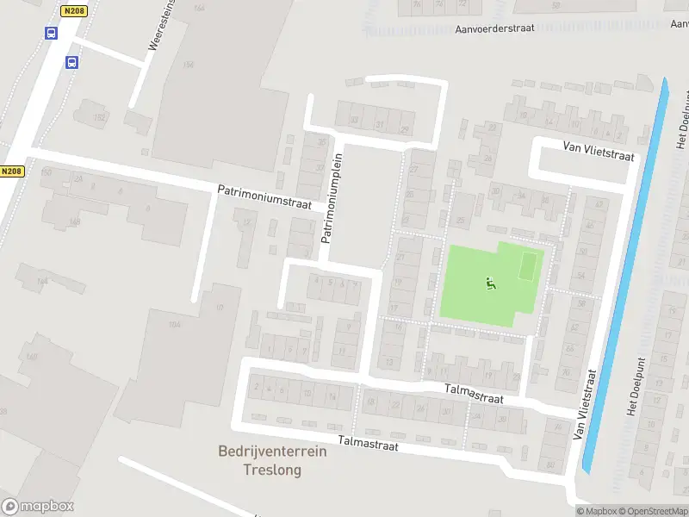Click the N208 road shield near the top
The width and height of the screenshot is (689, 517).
[x=75, y=11]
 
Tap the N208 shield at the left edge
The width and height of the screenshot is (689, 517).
[x=10, y=171]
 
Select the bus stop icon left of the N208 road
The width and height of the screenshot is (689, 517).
[x=51, y=34]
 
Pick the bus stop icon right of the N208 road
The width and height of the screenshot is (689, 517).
[x=72, y=62]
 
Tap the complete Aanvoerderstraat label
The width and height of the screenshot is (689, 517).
[x=495, y=28]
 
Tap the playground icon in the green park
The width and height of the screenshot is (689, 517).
[x=491, y=283]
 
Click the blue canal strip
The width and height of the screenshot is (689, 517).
[x=626, y=276]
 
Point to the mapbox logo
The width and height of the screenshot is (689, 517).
[x=38, y=507]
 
